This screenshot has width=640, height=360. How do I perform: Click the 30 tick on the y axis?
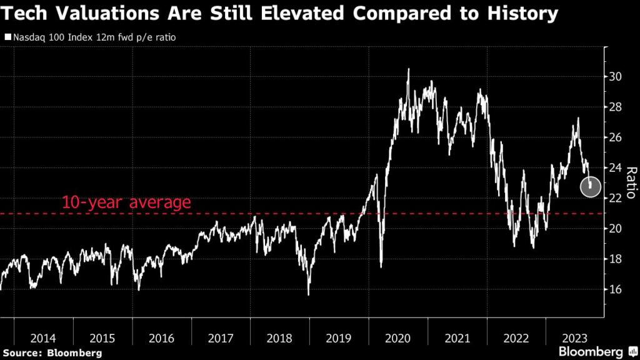617,77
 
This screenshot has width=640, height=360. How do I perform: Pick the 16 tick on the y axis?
617,289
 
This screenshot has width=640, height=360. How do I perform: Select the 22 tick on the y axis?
617,198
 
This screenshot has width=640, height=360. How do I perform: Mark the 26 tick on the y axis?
617,137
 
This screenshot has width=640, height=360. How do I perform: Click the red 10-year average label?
126,202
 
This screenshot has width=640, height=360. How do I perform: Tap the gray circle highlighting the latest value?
591,186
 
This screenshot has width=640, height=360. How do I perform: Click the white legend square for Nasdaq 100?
7,37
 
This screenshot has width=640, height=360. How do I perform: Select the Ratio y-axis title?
631,182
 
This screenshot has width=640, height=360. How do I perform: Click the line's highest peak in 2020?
409,69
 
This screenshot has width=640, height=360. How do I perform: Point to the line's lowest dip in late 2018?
309,294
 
